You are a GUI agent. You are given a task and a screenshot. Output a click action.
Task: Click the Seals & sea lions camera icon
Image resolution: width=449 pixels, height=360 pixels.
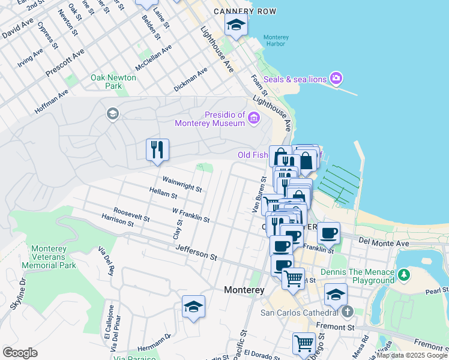336,79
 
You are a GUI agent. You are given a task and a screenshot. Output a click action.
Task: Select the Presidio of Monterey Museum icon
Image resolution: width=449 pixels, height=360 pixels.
254,118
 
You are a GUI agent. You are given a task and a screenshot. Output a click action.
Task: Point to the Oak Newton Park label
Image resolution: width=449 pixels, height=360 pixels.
113,82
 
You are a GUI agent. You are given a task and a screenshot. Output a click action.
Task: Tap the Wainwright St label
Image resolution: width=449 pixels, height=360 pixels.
182,184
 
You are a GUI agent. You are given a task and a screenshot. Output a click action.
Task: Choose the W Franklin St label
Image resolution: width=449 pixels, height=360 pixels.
190,215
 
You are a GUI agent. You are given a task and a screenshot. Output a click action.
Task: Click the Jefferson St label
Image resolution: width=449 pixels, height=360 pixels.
196,256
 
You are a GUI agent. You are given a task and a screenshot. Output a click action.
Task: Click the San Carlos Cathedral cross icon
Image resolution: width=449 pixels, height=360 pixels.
348,312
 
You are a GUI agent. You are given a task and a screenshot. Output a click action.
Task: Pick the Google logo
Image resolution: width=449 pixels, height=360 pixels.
20,353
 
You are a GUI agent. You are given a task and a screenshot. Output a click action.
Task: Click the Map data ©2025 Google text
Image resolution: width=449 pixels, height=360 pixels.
412,355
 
